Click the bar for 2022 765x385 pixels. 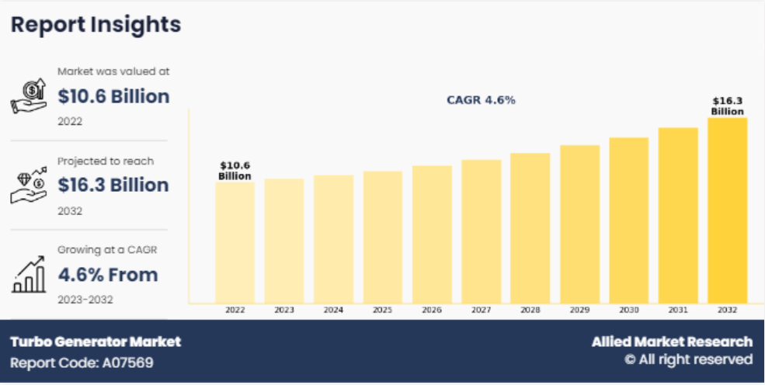coord(235,242)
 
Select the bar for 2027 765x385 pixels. coord(481,231)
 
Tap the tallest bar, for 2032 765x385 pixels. coord(727,210)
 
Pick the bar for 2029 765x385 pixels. coord(579,224)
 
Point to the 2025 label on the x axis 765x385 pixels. coord(382,310)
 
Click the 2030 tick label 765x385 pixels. coord(628,310)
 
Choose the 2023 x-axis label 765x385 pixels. coord(284,310)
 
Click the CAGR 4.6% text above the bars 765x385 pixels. coord(481,100)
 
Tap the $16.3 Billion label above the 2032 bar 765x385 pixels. coord(727,106)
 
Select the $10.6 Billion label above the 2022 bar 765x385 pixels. coord(235,171)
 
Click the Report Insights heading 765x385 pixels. coord(96,24)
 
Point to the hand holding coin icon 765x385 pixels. coord(29,97)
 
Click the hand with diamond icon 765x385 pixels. coord(29,186)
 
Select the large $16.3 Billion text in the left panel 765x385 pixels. coord(113,186)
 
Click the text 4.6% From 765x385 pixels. coord(108,275)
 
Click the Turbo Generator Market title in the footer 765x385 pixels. coord(96,342)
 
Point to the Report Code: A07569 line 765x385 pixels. coord(82,362)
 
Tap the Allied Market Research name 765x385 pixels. coord(672,342)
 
